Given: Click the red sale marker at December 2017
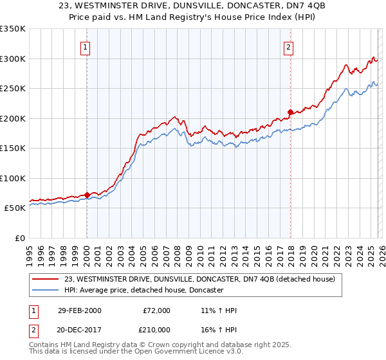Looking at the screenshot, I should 289,112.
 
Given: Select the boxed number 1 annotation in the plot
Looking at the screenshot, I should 86,46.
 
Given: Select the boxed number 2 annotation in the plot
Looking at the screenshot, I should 289,46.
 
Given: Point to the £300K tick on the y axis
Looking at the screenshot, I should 13,59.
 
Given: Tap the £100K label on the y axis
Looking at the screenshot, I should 13,178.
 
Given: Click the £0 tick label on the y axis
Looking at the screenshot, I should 19,238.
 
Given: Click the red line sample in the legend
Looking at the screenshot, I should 45,279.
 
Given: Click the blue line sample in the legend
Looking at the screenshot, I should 45,291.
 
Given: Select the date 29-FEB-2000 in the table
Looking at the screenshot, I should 79,310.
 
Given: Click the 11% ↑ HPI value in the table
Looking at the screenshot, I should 219,310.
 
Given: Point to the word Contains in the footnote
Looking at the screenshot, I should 44,346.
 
